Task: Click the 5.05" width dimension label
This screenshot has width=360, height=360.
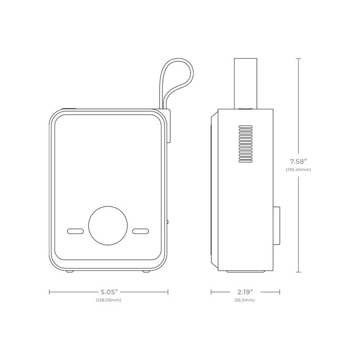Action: (x=109, y=292)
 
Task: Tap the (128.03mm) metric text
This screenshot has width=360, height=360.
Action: (x=108, y=300)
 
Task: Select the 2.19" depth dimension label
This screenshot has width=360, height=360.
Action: (x=245, y=292)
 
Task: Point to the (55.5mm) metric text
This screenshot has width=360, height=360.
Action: (x=245, y=300)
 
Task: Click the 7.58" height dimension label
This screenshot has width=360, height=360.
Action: (x=298, y=162)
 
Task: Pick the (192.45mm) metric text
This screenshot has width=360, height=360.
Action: (x=298, y=170)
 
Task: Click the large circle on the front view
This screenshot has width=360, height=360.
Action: (x=108, y=225)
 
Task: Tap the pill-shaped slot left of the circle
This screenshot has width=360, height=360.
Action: (x=75, y=231)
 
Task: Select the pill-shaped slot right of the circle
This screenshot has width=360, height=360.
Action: (x=140, y=231)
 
